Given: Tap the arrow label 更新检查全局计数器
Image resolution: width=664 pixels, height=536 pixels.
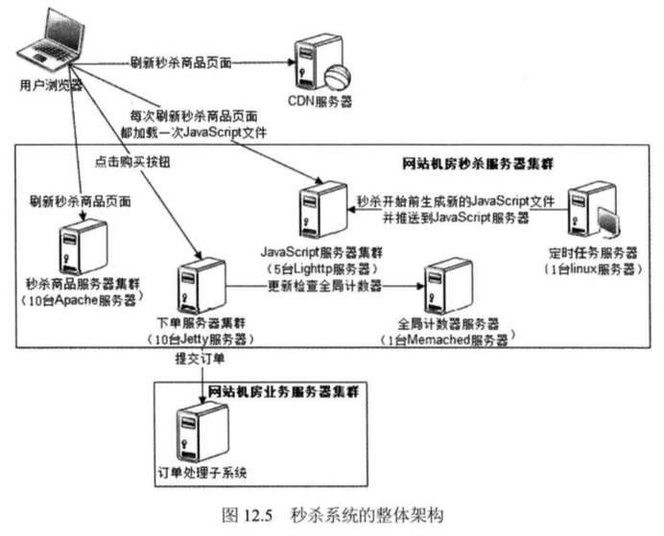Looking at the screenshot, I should pyautogui.click(x=324, y=286).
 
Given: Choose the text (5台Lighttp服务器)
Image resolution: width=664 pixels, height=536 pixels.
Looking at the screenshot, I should pyautogui.click(x=322, y=264).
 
